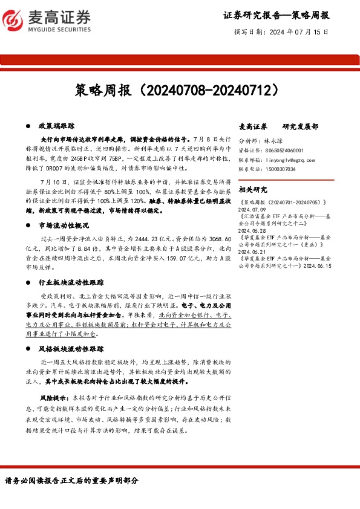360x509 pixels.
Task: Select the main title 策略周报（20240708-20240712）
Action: (x=180, y=89)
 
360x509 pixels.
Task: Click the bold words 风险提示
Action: (x=53, y=399)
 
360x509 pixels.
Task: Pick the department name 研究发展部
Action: (x=302, y=126)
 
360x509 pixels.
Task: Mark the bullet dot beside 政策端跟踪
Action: (x=28, y=126)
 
